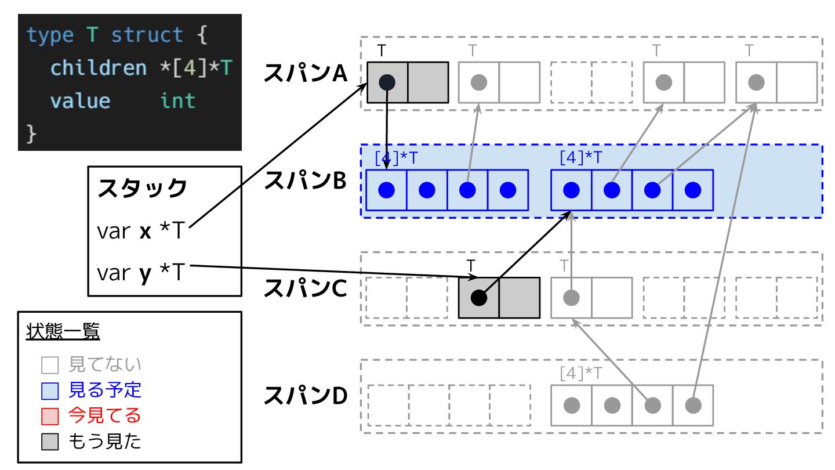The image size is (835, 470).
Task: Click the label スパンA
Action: click(305, 74)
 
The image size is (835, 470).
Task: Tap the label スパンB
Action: click(305, 181)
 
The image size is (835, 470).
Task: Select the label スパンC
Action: click(305, 288)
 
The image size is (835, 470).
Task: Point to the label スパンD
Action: click(305, 396)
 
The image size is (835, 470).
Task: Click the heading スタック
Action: click(143, 189)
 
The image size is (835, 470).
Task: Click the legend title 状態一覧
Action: click(63, 332)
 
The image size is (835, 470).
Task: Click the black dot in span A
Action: click(387, 82)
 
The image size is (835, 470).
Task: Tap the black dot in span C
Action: click(478, 298)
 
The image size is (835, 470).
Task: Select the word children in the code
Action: click(99, 68)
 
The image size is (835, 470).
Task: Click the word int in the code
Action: click(177, 101)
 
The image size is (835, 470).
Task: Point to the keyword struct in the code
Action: click(147, 35)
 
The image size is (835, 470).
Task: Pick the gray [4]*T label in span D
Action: click(581, 373)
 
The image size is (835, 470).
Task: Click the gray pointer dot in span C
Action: click(571, 298)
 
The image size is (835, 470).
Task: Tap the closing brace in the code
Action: click(31, 134)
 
